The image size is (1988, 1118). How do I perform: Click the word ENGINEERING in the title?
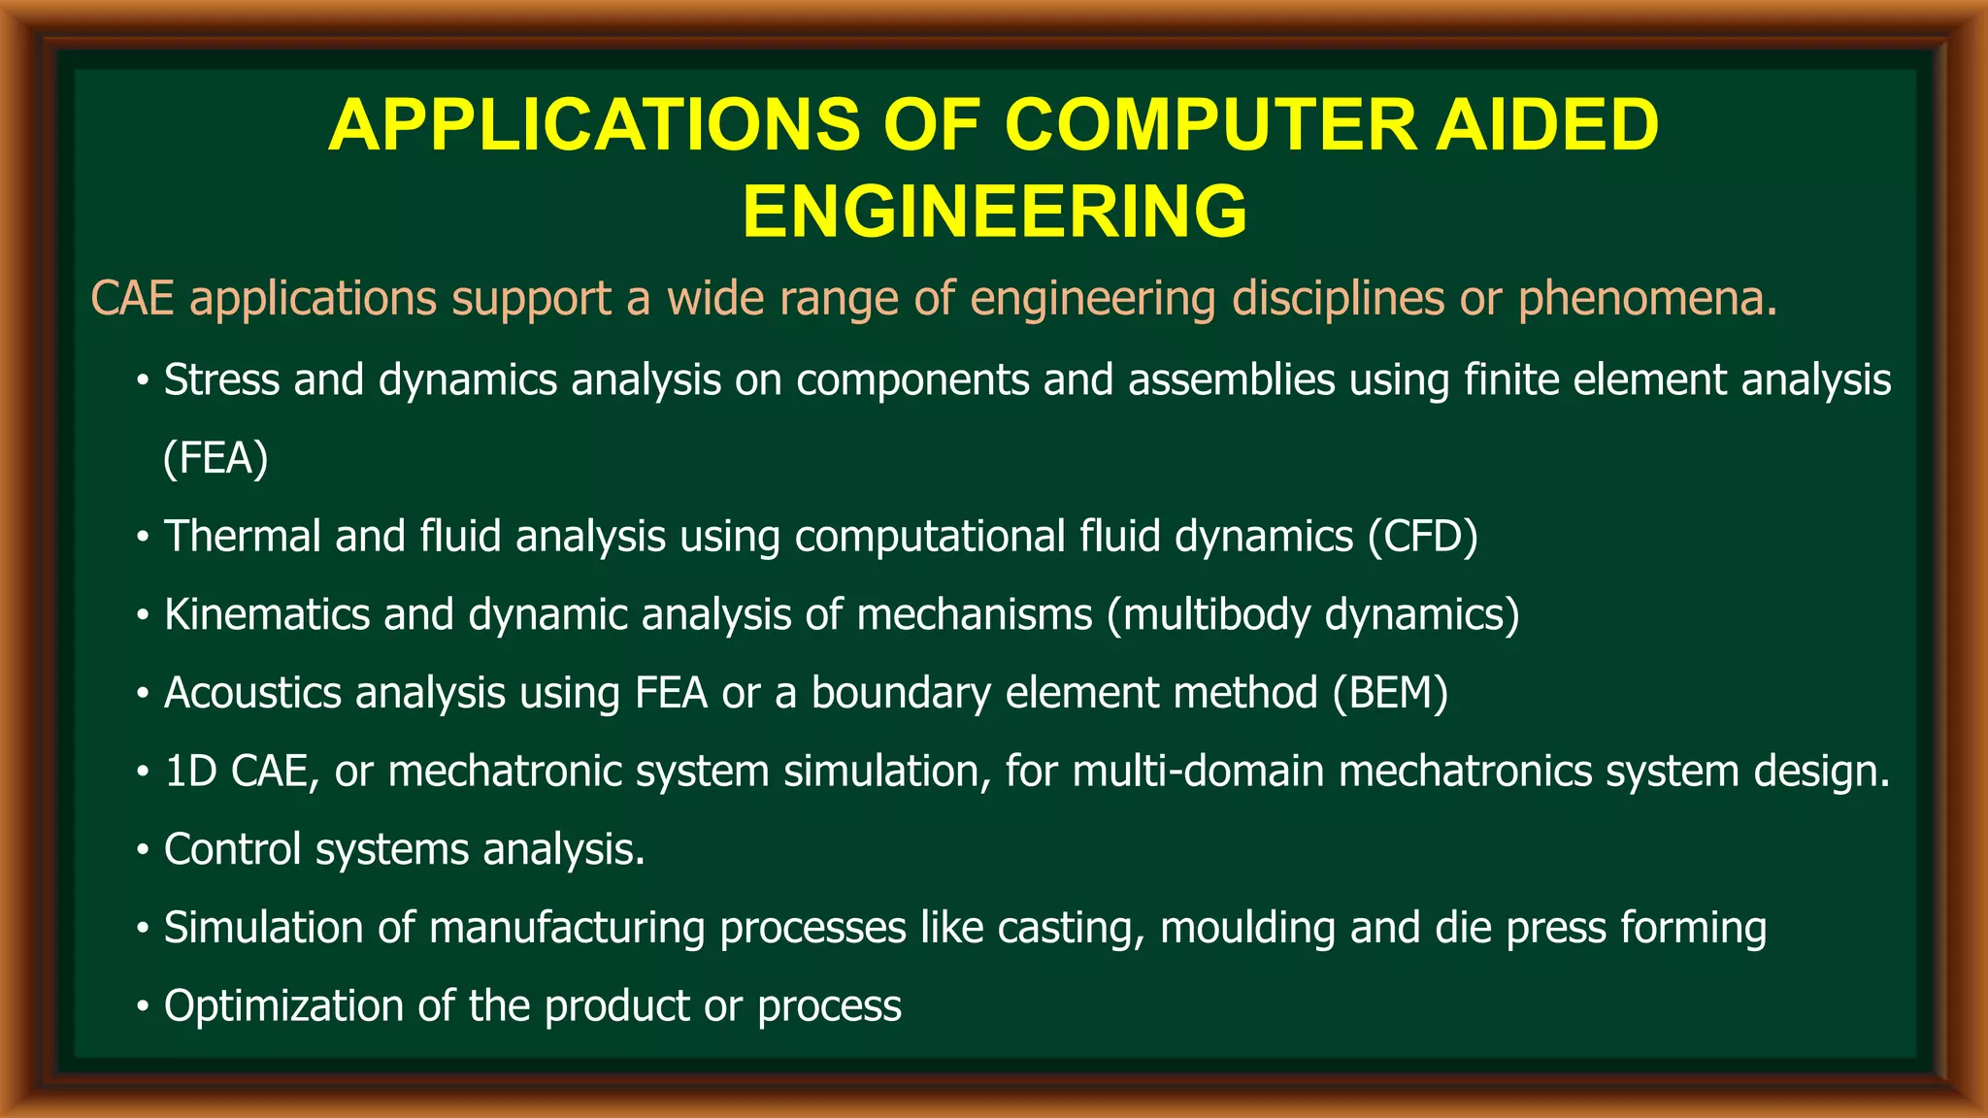click(994, 212)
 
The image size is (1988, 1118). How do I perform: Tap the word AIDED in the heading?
click(1546, 126)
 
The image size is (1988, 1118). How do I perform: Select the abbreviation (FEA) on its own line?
click(215, 458)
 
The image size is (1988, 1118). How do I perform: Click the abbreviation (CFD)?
click(1422, 537)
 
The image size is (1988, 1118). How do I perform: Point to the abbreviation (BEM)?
click(1390, 693)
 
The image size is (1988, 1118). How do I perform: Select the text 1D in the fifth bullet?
click(190, 772)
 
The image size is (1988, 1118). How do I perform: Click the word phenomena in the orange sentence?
click(1646, 298)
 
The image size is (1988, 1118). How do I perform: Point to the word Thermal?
click(242, 537)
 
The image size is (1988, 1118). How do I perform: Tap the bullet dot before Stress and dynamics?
click(143, 381)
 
